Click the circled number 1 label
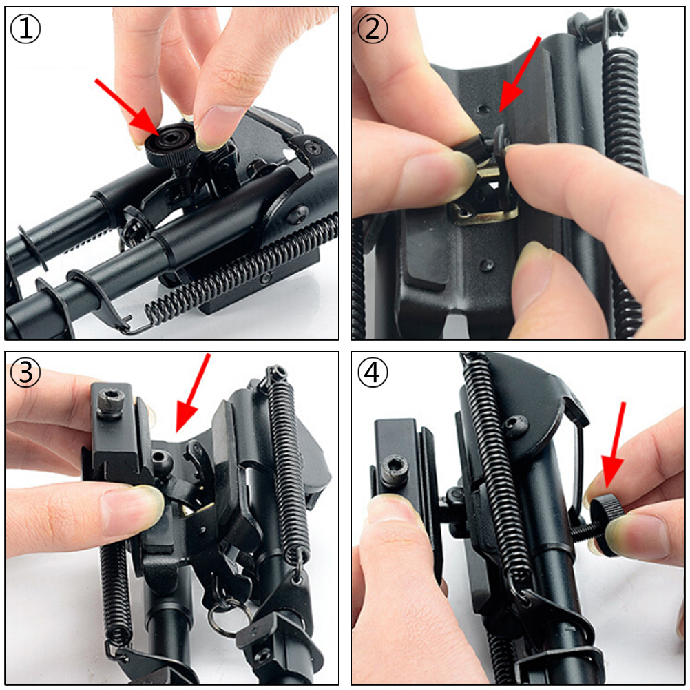pyautogui.click(x=25, y=28)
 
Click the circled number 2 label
pyautogui.click(x=373, y=28)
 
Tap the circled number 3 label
pyautogui.click(x=25, y=373)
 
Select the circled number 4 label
pyautogui.click(x=373, y=373)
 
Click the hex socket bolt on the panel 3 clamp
pyautogui.click(x=110, y=401)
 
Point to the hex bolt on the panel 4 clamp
pyautogui.click(x=394, y=470)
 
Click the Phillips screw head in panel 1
pyautogui.click(x=298, y=214)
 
